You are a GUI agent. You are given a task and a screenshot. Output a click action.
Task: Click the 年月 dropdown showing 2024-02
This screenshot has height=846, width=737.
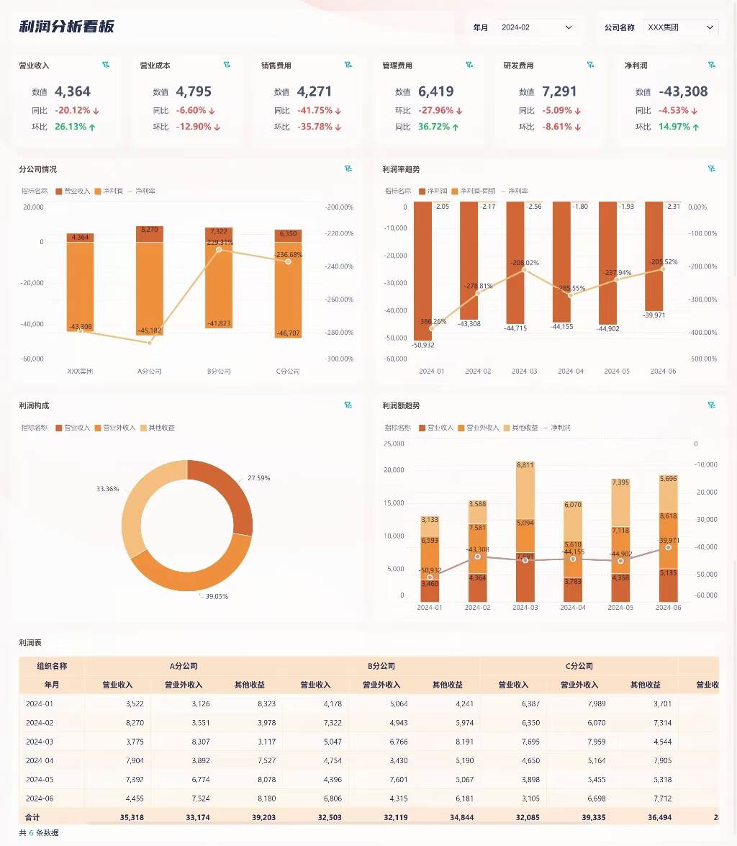537,27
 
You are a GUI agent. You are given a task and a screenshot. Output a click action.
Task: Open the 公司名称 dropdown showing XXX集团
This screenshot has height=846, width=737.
680,27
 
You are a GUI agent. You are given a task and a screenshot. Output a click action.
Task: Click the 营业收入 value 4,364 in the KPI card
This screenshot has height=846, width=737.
73,91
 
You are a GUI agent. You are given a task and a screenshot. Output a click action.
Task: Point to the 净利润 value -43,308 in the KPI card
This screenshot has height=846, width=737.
683,91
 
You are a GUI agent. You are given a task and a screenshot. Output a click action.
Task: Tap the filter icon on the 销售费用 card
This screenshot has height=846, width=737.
348,66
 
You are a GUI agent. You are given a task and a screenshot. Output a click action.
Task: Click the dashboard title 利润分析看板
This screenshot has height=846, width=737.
67,27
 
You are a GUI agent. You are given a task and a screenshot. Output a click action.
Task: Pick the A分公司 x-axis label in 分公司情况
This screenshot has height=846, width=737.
150,372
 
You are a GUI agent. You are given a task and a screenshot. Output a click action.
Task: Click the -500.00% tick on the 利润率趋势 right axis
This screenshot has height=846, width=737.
702,359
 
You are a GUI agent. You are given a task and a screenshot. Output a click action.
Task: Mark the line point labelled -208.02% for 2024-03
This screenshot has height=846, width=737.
524,269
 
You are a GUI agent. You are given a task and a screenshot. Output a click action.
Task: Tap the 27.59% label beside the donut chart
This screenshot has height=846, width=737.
259,478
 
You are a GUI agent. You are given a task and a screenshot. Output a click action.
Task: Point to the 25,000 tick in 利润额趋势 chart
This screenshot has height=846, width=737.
394,444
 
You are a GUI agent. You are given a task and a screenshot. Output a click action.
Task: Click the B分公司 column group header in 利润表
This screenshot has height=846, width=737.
381,666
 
